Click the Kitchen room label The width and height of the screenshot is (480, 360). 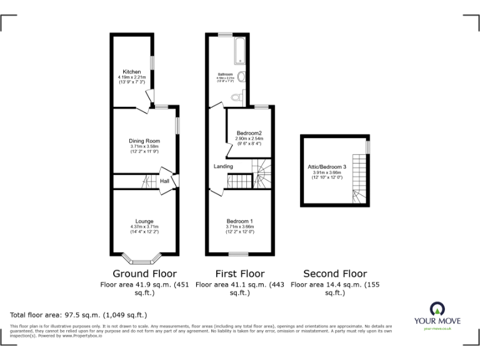[x=131, y=71]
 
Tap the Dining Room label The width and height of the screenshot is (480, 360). [x=145, y=141]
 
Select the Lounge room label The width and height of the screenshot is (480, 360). [x=145, y=221]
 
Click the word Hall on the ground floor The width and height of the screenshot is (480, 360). [x=165, y=181]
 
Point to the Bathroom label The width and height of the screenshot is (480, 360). [x=225, y=74]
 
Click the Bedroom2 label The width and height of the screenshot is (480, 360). [x=249, y=133]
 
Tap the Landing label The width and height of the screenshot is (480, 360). [x=223, y=166]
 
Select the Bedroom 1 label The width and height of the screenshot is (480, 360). [x=239, y=221]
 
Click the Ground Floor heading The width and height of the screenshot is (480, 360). [x=144, y=274]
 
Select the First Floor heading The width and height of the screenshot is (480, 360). [x=239, y=274]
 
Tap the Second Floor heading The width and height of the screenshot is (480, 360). [x=335, y=274]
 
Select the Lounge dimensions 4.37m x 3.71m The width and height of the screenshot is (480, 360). [x=145, y=226]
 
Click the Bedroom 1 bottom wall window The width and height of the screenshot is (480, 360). [x=237, y=254]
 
